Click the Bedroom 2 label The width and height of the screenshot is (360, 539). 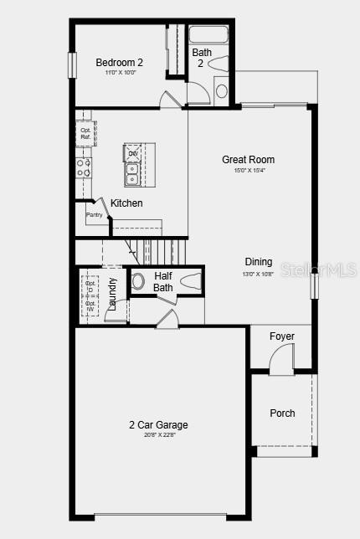(x=119, y=62)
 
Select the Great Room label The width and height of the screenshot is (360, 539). (x=248, y=160)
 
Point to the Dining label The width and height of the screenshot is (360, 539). (x=259, y=262)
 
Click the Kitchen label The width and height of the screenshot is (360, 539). (x=126, y=203)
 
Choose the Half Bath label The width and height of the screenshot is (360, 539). (x=163, y=281)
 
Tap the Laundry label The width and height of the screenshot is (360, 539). (x=112, y=294)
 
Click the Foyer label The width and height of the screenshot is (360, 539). (x=282, y=336)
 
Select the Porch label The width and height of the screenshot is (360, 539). (x=282, y=413)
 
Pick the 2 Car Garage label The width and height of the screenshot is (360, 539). (x=152, y=424)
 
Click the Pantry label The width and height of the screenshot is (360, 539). (x=94, y=215)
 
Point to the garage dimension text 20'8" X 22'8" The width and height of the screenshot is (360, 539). (x=152, y=435)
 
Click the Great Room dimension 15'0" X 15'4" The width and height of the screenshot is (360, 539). (x=248, y=171)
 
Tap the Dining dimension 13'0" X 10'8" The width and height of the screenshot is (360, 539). (x=259, y=274)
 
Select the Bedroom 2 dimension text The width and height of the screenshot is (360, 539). (x=119, y=73)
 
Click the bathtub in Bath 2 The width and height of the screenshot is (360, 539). (x=208, y=34)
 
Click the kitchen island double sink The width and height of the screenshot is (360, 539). (x=132, y=172)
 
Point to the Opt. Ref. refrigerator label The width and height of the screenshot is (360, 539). (x=85, y=133)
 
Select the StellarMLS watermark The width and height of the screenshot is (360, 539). (x=318, y=269)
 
